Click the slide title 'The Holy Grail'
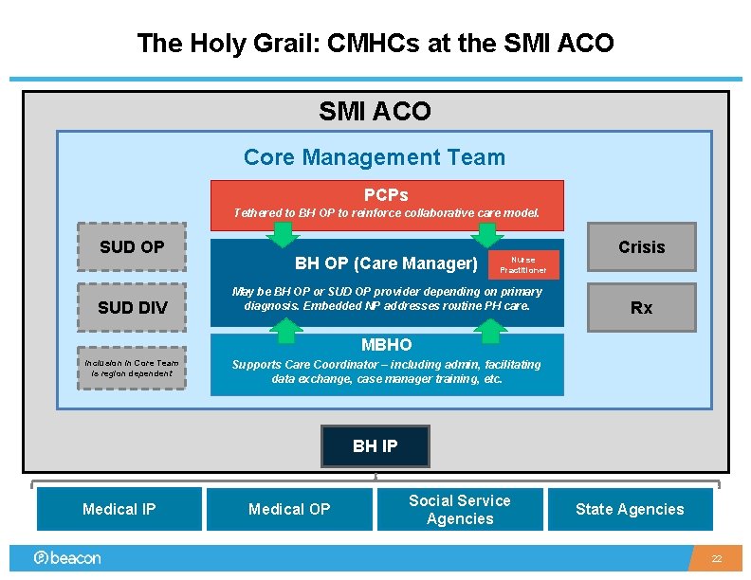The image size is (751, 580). [375, 43]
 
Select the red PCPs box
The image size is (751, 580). [386, 204]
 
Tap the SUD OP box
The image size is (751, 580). [132, 247]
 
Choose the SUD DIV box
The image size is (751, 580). [132, 307]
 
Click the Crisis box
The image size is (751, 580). [641, 247]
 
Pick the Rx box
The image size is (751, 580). [641, 308]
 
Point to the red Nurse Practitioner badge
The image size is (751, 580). [522, 264]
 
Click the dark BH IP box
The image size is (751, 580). [375, 446]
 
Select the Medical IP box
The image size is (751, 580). [119, 509]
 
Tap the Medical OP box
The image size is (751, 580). [289, 509]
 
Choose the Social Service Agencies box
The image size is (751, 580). [460, 509]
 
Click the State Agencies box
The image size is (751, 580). [630, 509]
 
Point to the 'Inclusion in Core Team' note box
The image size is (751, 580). [131, 368]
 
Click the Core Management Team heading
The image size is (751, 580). [375, 157]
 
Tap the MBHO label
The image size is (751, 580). [386, 344]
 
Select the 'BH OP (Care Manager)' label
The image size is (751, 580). [386, 263]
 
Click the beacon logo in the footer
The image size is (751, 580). [67, 558]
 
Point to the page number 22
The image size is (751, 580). [718, 559]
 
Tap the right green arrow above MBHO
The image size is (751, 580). [490, 330]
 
